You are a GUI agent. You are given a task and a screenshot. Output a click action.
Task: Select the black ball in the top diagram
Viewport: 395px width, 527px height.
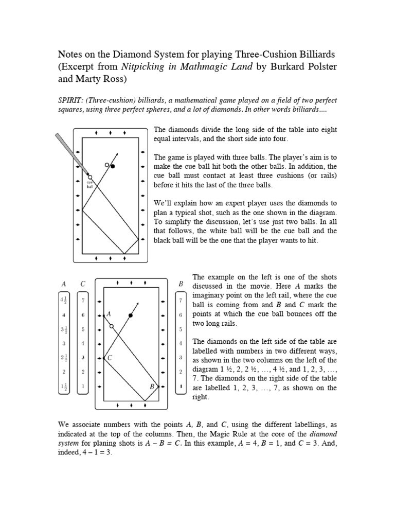113,166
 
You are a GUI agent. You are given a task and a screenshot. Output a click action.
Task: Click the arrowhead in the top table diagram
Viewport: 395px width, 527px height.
118,155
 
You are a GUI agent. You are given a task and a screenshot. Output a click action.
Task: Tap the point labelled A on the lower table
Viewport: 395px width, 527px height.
104,314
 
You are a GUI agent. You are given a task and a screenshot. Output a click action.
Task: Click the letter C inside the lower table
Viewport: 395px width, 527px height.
110,357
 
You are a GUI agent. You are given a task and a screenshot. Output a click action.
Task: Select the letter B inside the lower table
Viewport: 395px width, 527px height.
152,385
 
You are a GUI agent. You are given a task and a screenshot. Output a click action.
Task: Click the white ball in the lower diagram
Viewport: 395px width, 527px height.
112,326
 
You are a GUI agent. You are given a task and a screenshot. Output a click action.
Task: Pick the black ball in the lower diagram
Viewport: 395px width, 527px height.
131,314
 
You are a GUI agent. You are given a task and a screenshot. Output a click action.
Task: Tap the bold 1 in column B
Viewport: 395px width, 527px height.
181,385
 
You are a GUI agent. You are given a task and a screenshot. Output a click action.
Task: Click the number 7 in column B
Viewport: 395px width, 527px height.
181,300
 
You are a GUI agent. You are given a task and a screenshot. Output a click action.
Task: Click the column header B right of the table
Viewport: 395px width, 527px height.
181,284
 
